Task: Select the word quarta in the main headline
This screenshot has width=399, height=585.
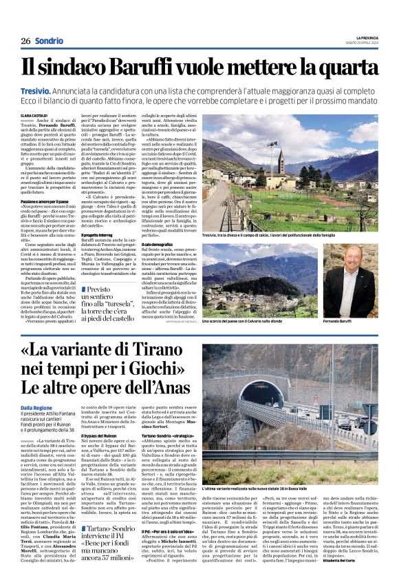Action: (343, 68)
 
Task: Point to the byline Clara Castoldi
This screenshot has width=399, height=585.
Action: (34, 116)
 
